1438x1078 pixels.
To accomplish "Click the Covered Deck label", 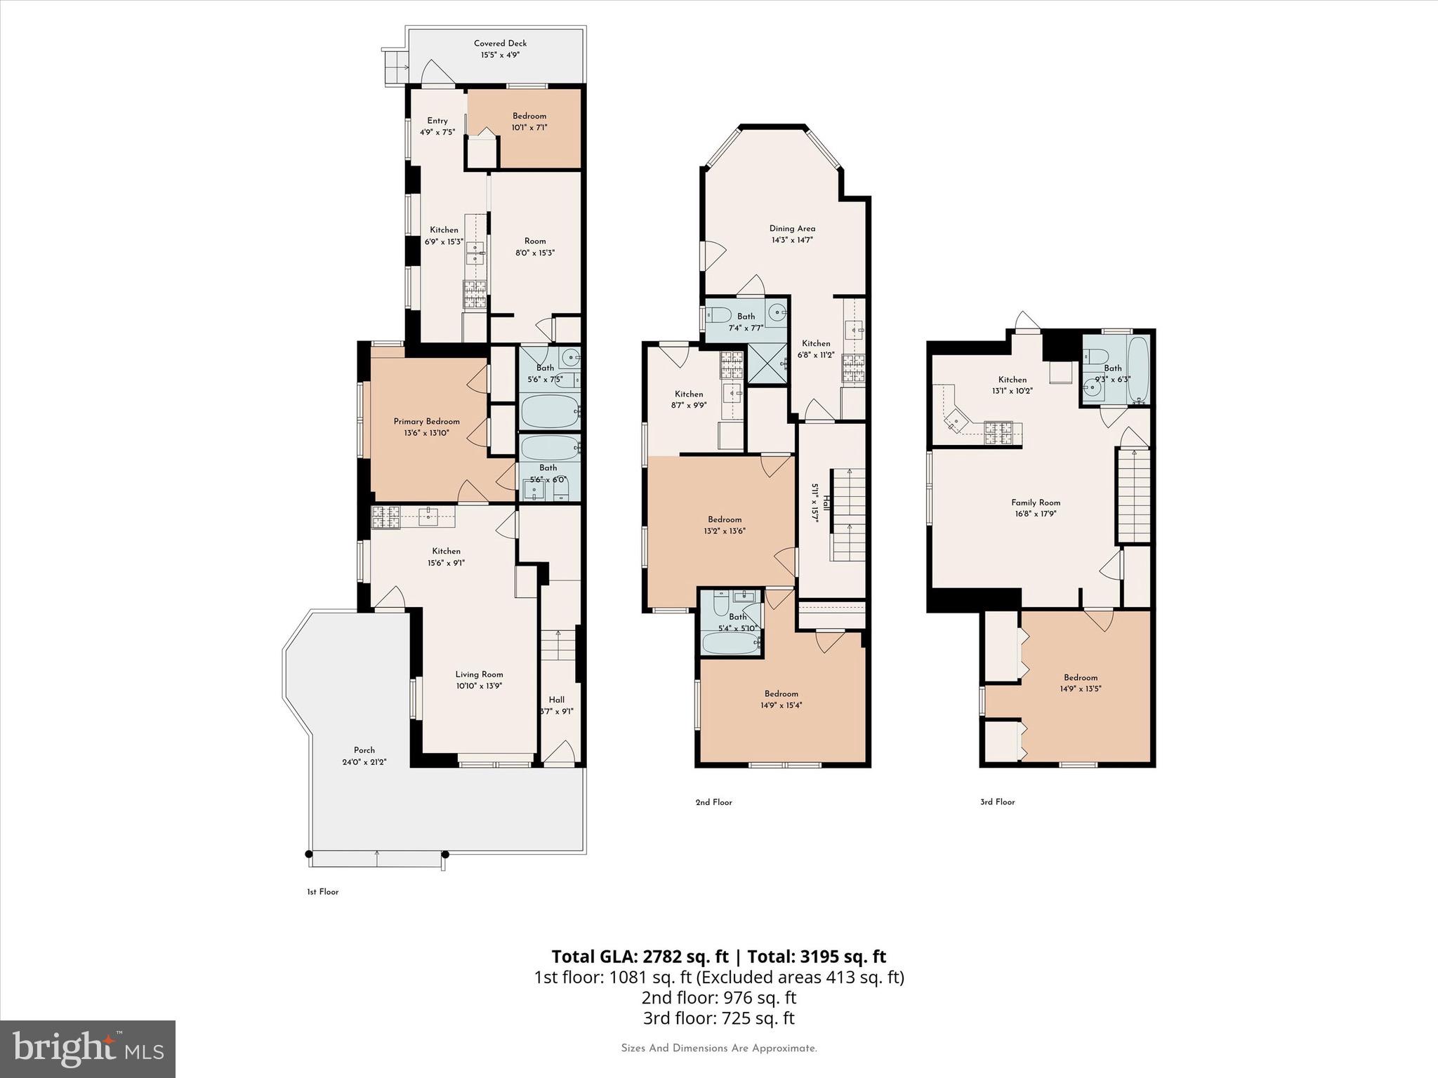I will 500,44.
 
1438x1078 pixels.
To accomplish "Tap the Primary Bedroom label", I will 426,422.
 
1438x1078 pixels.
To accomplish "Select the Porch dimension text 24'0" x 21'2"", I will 364,761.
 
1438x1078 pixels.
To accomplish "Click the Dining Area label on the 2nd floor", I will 792,228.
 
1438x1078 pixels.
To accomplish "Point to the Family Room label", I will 1036,503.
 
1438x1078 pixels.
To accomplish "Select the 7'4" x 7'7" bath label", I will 746,322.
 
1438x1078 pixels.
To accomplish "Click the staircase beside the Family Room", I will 1135,495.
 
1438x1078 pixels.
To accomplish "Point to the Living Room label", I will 479,674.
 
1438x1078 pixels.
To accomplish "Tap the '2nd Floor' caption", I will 713,802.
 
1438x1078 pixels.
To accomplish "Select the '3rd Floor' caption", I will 997,801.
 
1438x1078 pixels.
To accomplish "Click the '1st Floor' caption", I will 322,892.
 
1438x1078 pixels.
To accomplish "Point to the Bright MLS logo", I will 88,1049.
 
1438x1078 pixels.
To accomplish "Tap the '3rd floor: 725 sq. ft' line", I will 718,1018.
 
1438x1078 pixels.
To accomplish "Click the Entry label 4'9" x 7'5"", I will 437,126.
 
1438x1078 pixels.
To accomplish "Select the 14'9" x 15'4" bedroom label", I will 781,699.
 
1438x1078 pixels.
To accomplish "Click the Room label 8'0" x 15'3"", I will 534,247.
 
